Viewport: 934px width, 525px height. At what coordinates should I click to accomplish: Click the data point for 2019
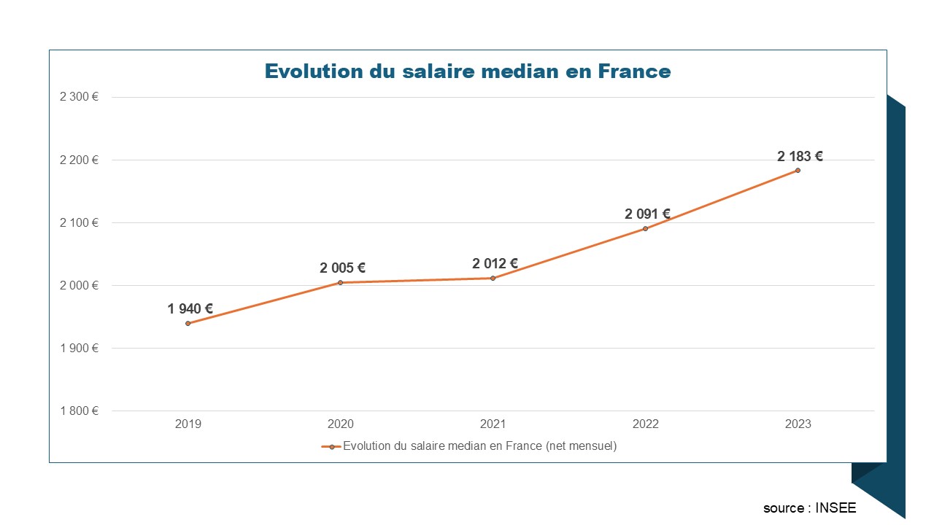point(188,323)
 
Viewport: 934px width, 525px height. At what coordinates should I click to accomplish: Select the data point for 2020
point(340,282)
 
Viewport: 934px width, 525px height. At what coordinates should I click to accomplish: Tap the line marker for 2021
point(493,278)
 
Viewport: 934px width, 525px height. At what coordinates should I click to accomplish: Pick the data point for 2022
point(645,228)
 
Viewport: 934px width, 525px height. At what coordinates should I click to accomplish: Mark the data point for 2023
point(798,171)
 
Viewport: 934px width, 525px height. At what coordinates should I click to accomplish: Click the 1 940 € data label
point(190,309)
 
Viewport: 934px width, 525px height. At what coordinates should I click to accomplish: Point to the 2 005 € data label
point(342,268)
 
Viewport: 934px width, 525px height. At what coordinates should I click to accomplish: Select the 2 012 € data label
point(495,264)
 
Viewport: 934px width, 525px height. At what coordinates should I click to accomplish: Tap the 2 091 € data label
point(647,214)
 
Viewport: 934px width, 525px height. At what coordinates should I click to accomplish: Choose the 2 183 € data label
point(800,156)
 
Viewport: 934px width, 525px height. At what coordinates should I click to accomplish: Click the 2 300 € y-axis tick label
point(80,97)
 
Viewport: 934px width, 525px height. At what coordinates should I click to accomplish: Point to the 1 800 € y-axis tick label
point(80,411)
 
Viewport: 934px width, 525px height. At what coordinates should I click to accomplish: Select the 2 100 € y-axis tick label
point(80,222)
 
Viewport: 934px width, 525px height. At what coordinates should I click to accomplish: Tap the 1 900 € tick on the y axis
point(80,348)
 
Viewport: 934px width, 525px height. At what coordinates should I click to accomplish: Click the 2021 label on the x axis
point(493,424)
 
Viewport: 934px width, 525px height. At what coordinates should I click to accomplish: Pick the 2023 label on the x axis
point(798,424)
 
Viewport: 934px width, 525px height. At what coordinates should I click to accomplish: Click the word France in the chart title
point(634,71)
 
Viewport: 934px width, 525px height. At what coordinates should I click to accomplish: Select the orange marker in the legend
point(331,447)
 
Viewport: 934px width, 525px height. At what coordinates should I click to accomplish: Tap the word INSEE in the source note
point(837,508)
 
